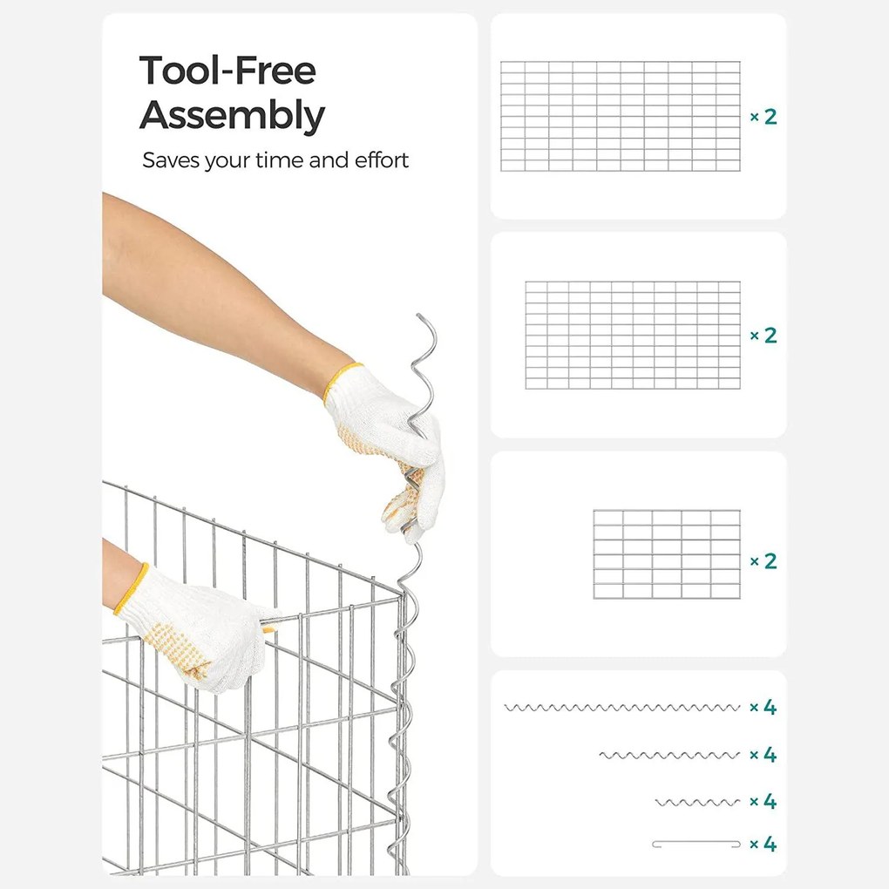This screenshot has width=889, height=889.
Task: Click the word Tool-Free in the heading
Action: [x=227, y=71]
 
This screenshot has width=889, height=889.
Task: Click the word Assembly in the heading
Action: [x=232, y=116]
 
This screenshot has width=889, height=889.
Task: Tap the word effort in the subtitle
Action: [x=382, y=160]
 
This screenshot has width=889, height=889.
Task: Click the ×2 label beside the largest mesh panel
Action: [x=763, y=117]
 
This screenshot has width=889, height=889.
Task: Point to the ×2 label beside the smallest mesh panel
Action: [x=763, y=560]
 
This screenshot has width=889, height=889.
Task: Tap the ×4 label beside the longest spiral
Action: [x=763, y=707]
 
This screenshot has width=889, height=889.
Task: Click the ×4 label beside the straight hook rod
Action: [x=763, y=845]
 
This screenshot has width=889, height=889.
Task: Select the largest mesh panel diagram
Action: [x=621, y=116]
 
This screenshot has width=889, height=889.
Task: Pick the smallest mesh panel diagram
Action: [x=667, y=554]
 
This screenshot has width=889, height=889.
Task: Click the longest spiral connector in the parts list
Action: [x=622, y=708]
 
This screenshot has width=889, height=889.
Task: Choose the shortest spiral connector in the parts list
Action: [x=697, y=802]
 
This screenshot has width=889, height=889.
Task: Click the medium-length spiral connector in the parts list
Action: [x=669, y=755]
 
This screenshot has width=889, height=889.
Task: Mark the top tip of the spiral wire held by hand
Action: [x=418, y=315]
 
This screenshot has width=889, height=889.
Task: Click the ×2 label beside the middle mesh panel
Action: [x=763, y=336]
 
